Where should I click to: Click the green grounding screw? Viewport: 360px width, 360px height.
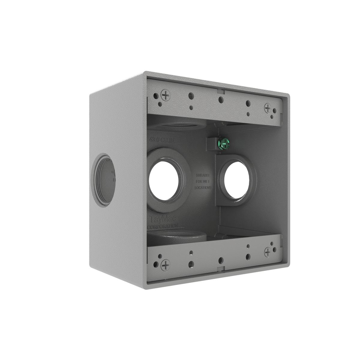(x=224, y=143)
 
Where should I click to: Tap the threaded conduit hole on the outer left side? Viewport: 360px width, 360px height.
(x=103, y=180)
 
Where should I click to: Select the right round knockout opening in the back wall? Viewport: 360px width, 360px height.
(x=237, y=180)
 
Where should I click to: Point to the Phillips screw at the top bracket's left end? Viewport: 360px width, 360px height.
(x=165, y=95)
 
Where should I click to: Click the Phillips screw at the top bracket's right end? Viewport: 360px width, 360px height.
(x=268, y=108)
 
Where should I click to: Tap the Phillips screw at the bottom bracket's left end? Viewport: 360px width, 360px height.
(x=165, y=265)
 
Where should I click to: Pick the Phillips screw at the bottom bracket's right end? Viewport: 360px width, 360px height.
(x=268, y=252)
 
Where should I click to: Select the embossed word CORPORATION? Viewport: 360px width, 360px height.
(x=162, y=227)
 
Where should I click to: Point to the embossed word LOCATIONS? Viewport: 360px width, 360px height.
(x=203, y=188)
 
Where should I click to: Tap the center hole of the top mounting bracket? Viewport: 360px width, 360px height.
(x=221, y=100)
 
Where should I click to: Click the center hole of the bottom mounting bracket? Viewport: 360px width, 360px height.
(x=221, y=261)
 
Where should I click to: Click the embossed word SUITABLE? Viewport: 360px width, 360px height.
(x=203, y=175)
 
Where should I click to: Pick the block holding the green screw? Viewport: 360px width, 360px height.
(x=212, y=143)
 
